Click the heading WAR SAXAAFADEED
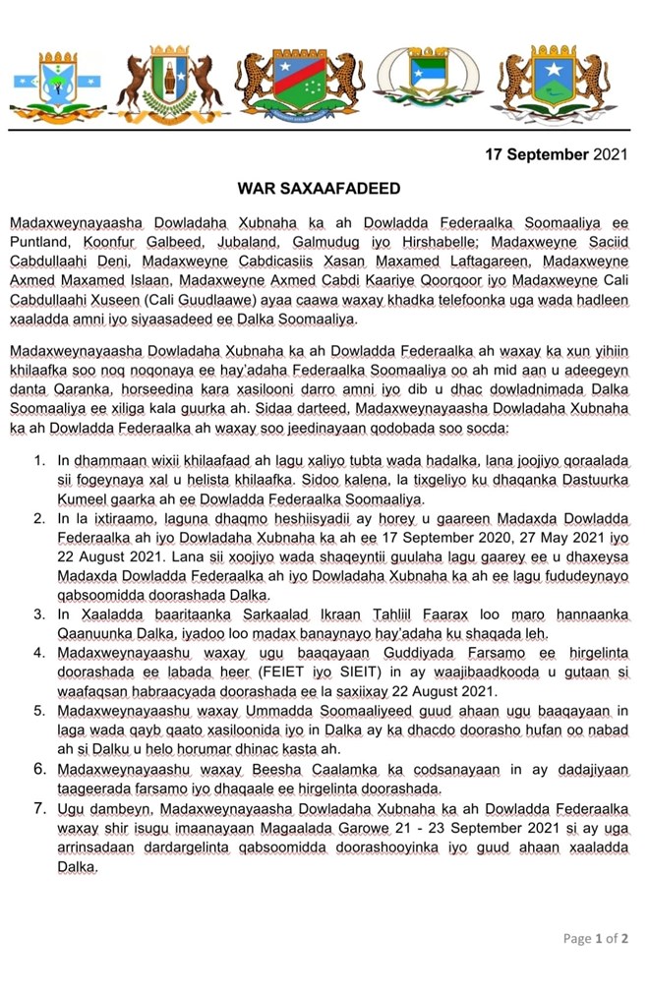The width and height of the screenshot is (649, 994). pyautogui.click(x=318, y=187)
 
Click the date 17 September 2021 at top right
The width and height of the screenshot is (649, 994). pyautogui.click(x=557, y=154)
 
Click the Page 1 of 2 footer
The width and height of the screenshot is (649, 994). pyautogui.click(x=595, y=938)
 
